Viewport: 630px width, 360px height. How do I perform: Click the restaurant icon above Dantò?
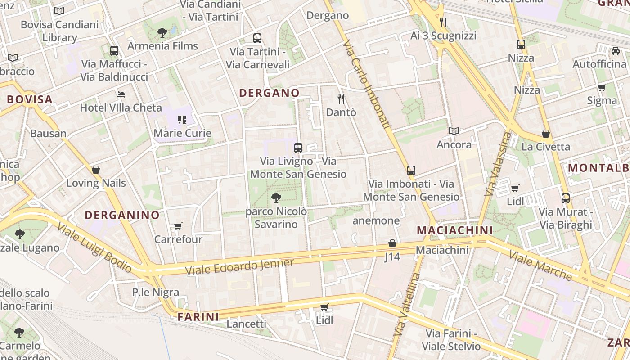tap(341, 99)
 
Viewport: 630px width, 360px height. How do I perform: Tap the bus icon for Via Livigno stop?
tap(298, 148)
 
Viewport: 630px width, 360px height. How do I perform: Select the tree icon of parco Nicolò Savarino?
tap(276, 198)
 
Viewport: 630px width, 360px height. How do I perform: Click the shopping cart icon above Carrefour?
tap(178, 226)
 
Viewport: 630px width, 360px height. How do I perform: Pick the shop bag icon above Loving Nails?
tap(95, 170)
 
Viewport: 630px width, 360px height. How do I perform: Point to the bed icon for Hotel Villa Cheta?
tap(121, 94)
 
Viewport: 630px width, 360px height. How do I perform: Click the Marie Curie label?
tap(182, 133)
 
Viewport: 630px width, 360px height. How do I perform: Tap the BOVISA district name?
tap(30, 99)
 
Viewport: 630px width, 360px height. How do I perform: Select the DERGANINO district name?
tap(122, 215)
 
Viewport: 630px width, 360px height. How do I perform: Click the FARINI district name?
tap(198, 317)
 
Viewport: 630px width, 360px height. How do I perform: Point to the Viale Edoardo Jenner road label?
tap(239, 266)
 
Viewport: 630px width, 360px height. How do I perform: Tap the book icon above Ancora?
tap(454, 131)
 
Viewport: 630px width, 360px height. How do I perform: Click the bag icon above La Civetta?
tap(546, 134)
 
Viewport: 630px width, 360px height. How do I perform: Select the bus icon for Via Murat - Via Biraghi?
tap(565, 198)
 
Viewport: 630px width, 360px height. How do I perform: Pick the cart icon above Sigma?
tap(602, 87)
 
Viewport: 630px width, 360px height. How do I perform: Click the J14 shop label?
tap(392, 257)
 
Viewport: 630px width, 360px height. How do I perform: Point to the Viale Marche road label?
tap(540, 265)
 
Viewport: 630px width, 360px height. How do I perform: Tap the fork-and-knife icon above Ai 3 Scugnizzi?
tap(443, 22)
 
